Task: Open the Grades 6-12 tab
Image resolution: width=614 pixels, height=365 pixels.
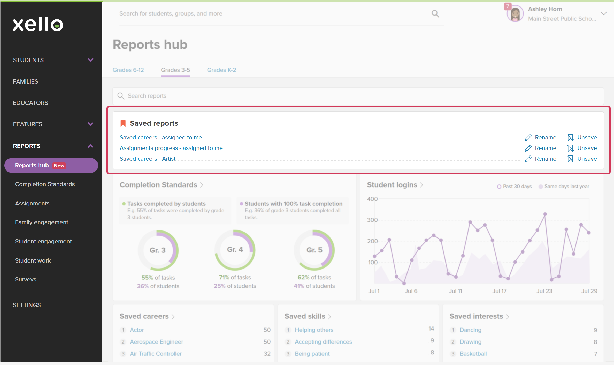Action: click(x=128, y=70)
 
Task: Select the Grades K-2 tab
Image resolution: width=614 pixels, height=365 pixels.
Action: click(x=222, y=70)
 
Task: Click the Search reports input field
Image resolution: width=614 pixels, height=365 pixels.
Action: click(x=358, y=96)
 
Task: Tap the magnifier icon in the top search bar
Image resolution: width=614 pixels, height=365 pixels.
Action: click(x=435, y=14)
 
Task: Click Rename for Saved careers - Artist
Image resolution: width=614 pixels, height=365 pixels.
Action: click(x=541, y=159)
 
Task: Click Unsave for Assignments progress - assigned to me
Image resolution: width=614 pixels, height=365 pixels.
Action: click(x=582, y=148)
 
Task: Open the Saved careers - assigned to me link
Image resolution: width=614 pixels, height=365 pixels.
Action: click(x=161, y=137)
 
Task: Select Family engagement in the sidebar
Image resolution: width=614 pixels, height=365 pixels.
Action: click(x=42, y=222)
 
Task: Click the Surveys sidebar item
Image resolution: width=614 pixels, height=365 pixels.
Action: click(x=26, y=279)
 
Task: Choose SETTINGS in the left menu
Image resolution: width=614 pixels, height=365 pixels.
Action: click(x=27, y=305)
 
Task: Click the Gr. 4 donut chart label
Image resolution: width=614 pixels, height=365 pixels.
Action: click(x=235, y=249)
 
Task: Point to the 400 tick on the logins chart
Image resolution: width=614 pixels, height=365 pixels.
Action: click(x=372, y=199)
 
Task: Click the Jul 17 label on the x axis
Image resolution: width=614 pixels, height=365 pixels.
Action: click(x=500, y=291)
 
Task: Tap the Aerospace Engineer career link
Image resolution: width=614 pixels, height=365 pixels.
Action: click(x=157, y=342)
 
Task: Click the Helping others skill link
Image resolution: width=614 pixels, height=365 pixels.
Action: click(x=314, y=330)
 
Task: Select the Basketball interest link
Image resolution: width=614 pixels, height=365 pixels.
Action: click(x=473, y=354)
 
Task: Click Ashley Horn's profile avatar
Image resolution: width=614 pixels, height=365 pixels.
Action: click(x=515, y=14)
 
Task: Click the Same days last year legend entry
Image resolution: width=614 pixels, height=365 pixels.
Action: click(x=564, y=187)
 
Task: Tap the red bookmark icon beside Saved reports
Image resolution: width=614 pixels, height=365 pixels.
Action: click(x=123, y=124)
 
